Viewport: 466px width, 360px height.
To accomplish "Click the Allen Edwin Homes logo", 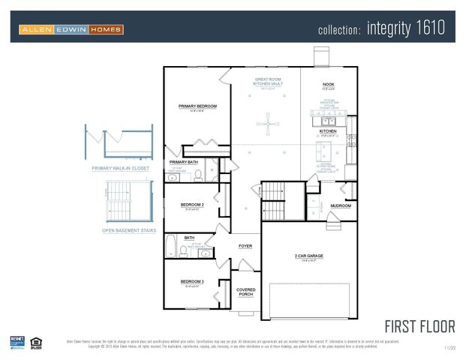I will [71, 29].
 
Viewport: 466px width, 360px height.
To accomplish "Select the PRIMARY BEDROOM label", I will [197, 106].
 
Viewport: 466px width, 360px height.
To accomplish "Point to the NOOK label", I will [328, 84].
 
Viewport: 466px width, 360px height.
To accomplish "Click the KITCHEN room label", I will [328, 131].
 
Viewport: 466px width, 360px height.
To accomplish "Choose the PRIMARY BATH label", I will [184, 162].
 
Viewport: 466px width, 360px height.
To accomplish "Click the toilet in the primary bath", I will [199, 176].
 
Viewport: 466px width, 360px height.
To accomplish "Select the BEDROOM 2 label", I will [191, 204].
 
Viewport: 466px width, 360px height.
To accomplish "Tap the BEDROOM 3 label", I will [191, 281].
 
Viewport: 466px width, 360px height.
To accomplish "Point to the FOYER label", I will [245, 246].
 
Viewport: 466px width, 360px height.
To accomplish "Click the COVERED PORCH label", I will [245, 292].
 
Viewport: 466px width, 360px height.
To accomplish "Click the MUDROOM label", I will [341, 205].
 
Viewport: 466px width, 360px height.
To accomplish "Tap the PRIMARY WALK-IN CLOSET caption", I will [121, 169].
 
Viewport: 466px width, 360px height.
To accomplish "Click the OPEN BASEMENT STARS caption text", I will [129, 231].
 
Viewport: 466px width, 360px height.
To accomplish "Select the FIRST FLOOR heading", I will [419, 326].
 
